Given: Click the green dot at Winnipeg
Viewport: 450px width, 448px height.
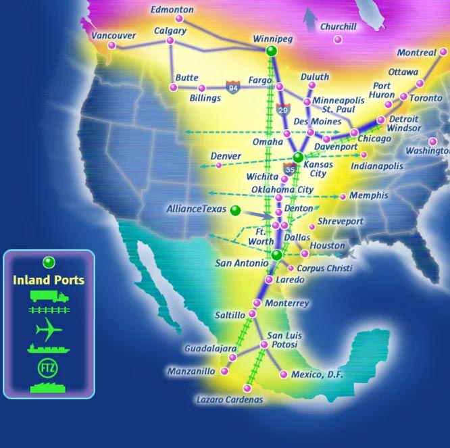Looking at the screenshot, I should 272,51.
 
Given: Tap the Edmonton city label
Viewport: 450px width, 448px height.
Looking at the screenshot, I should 172,10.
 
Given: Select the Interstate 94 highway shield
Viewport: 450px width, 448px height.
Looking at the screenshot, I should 232,87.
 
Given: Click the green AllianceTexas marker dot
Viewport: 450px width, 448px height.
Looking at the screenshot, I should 235,210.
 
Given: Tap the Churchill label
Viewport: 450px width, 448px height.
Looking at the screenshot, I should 338,27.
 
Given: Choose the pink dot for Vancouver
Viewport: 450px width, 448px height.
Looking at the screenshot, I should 112,46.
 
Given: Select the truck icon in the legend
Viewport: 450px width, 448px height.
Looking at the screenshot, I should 49,296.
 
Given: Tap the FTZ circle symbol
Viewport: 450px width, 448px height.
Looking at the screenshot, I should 49,368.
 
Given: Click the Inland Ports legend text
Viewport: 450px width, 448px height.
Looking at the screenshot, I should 49,280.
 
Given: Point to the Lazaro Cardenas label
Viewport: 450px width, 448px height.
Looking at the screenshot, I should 229,399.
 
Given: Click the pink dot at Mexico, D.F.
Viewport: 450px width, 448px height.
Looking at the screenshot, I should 283,374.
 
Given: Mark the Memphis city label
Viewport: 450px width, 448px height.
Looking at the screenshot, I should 369,195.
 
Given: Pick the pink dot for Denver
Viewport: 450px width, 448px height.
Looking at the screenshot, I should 218,165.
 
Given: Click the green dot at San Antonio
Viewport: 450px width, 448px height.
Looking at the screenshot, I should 276,255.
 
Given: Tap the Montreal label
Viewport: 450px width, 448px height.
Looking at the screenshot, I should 416,53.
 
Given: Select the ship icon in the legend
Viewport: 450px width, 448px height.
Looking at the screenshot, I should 49,349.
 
